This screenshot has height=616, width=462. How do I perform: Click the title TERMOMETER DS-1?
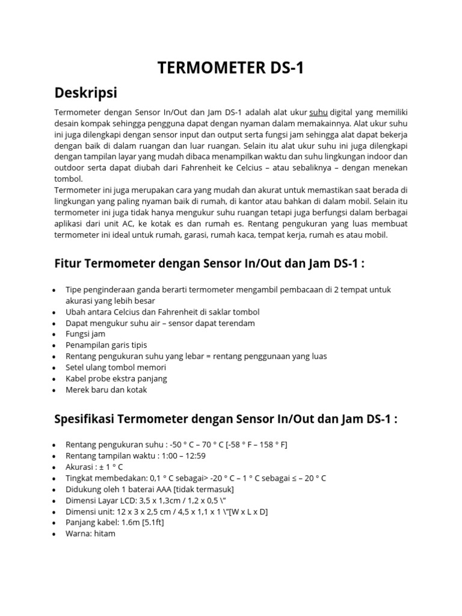pyautogui.click(x=230, y=69)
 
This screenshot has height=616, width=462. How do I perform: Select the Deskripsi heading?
pyautogui.click(x=85, y=93)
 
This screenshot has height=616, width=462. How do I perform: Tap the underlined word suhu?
pyautogui.click(x=318, y=112)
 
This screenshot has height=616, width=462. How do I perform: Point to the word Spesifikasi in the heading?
pyautogui.click(x=90, y=419)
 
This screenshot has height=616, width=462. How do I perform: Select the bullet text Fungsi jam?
pyautogui.click(x=85, y=334)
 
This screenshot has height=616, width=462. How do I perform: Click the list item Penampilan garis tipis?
pyautogui.click(x=106, y=345)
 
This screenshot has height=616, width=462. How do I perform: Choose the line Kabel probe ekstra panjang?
pyautogui.click(x=116, y=378)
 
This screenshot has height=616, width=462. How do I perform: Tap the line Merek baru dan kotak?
pyautogui.click(x=106, y=389)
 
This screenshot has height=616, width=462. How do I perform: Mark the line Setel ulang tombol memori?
pyautogui.click(x=115, y=367)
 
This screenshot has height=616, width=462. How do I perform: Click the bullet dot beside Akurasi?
pyautogui.click(x=55, y=467)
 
